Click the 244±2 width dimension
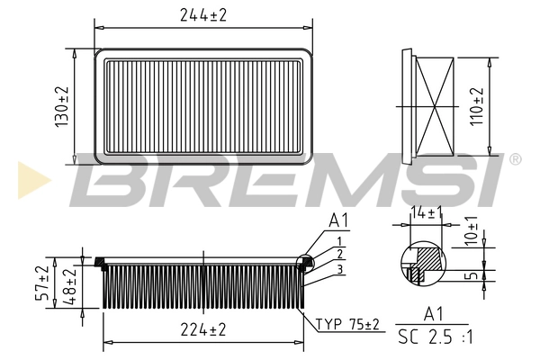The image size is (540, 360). [203, 15]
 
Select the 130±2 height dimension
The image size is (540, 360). [62, 106]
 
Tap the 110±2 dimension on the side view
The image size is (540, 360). [477, 106]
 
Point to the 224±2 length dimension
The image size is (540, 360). [203, 329]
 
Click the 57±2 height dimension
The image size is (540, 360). [42, 283]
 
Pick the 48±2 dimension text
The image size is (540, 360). [69, 286]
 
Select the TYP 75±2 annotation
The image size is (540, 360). [347, 324]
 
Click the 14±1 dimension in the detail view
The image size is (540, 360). [427, 213]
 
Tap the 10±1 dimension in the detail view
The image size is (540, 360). [471, 230]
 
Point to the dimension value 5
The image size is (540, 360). [472, 274]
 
